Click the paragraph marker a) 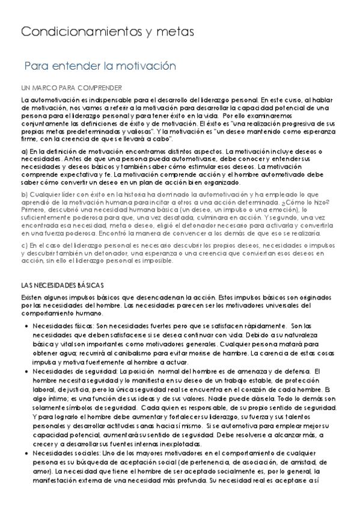pyautogui.click(x=24, y=152)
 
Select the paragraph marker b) pyautogui.click(x=24, y=194)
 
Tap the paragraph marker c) pyautogui.click(x=24, y=245)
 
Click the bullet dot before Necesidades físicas pyautogui.click(x=28, y=325)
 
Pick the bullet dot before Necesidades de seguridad pyautogui.click(x=28, y=372)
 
